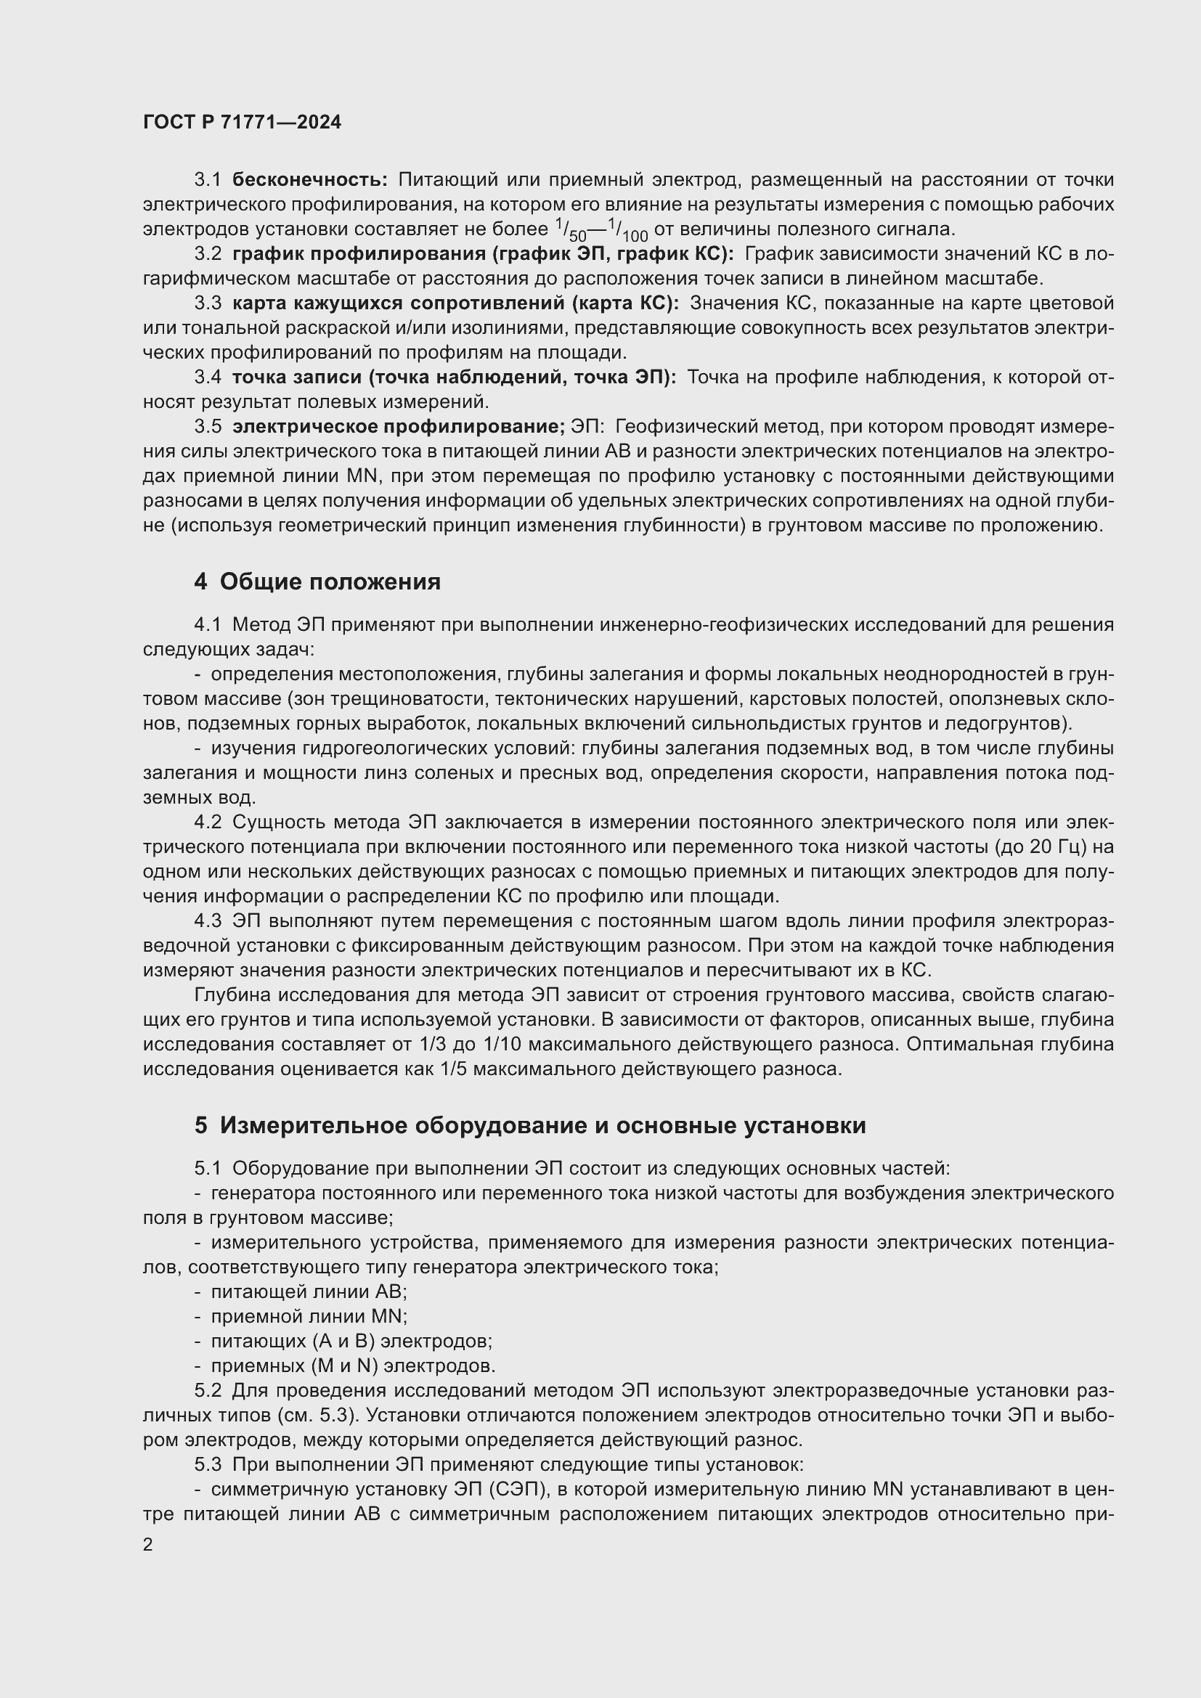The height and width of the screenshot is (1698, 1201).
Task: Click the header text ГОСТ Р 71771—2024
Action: click(242, 123)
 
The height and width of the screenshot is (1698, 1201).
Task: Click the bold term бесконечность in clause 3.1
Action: click(309, 180)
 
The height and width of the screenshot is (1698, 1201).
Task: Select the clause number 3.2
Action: click(208, 254)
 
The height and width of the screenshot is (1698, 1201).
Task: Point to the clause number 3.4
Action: click(208, 377)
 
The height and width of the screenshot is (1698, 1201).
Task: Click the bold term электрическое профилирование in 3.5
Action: click(398, 427)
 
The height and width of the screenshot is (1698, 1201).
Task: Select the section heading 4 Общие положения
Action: click(317, 582)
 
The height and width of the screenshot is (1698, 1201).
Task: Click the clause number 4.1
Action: click(208, 625)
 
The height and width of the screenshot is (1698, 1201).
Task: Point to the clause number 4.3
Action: click(208, 921)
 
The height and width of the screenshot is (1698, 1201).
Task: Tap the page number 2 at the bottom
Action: click(148, 1545)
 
